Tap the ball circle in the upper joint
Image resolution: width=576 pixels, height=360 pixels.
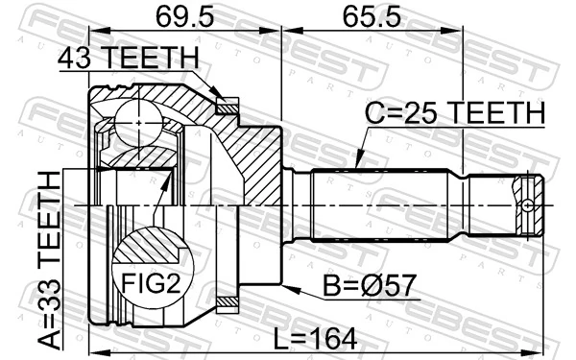point(141,123)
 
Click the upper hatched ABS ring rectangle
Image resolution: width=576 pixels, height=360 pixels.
point(228,108)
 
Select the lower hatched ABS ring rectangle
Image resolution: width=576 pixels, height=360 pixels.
point(228,304)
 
